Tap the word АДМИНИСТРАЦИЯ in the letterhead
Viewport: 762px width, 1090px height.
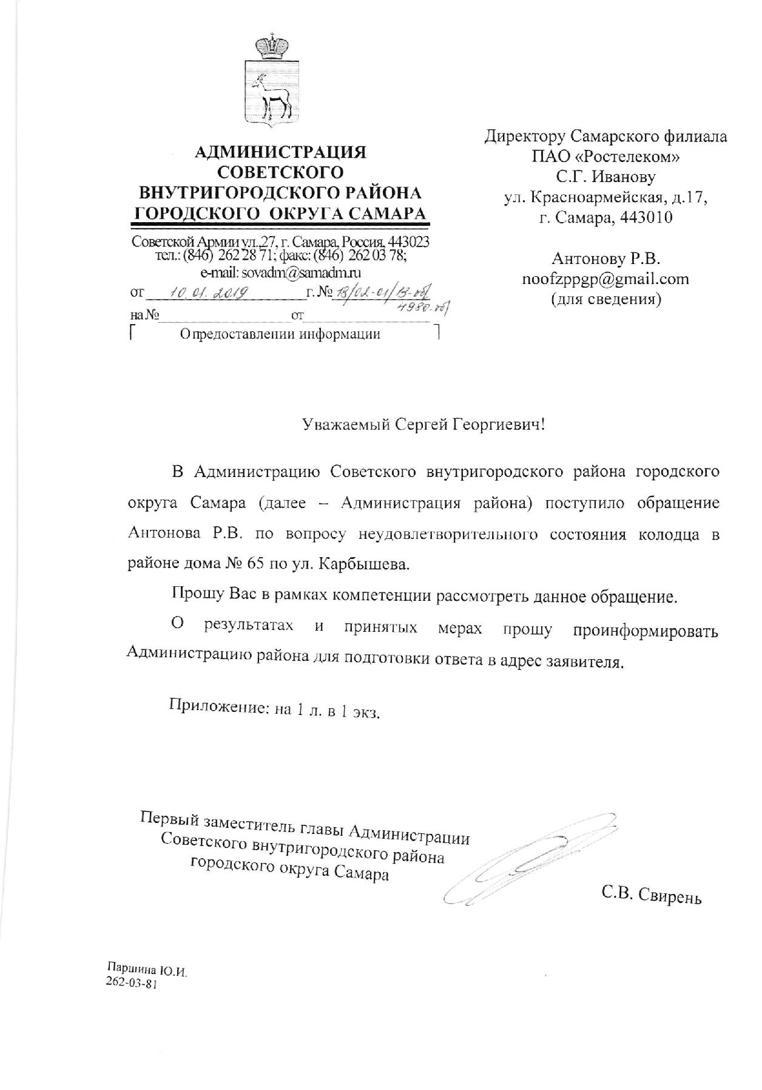280,151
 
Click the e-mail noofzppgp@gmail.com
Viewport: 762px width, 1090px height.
605,279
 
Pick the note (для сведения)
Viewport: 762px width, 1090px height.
605,299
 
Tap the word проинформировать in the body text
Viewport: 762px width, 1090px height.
646,631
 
